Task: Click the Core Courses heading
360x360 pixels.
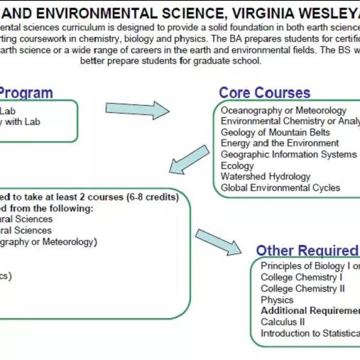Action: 264,93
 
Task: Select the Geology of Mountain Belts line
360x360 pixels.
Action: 275,132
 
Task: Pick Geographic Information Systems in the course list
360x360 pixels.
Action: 288,154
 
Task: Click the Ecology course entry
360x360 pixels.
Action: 237,165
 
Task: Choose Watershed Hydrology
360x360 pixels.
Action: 265,176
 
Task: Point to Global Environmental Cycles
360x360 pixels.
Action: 280,187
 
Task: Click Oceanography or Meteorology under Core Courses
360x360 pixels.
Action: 283,110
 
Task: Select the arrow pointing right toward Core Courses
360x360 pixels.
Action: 138,109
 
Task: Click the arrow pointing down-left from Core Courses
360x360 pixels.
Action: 189,158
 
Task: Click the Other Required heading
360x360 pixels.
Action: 307,251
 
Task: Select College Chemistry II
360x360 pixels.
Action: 302,289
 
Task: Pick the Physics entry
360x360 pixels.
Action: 277,300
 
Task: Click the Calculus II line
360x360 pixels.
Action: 283,322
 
